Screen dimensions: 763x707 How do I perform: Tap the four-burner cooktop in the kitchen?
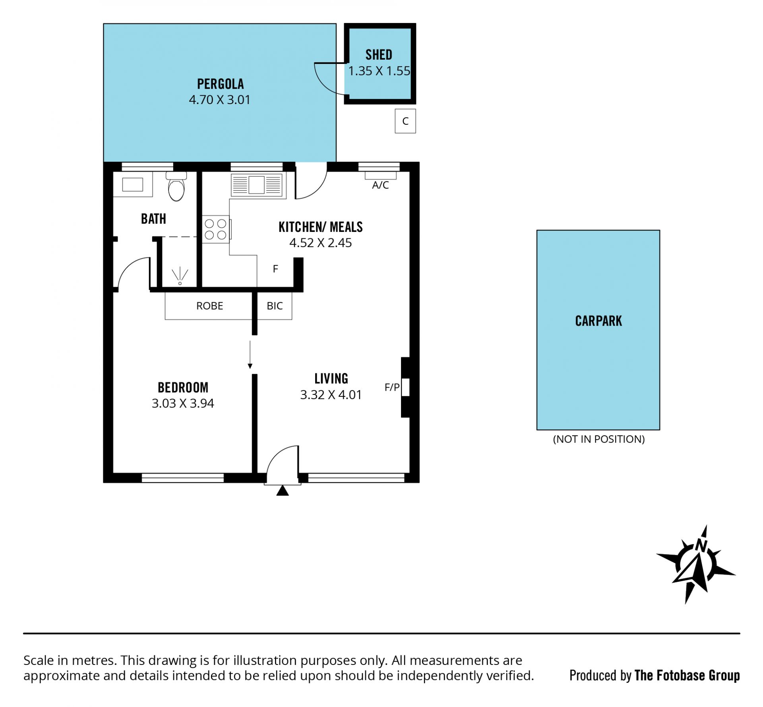click(216, 229)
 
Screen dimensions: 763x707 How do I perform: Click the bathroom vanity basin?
click(132, 184)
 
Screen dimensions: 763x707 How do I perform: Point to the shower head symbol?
click(180, 276)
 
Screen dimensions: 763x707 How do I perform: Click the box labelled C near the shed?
click(405, 121)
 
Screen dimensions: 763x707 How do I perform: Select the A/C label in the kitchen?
click(380, 185)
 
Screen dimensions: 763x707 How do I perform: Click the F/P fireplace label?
click(392, 387)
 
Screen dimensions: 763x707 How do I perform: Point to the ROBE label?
click(210, 306)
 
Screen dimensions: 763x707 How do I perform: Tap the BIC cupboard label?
click(275, 306)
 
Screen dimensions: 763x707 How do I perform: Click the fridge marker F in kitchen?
click(275, 269)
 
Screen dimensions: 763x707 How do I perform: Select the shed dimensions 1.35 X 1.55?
click(379, 71)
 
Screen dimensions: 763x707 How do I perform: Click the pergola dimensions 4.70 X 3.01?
click(220, 100)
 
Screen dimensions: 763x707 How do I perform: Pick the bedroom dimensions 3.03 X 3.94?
click(183, 404)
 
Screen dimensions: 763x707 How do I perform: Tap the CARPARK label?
click(598, 321)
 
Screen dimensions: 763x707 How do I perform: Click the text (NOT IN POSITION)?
click(599, 439)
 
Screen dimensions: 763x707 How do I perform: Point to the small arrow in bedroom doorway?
click(250, 355)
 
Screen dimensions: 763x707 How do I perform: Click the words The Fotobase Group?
click(687, 676)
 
